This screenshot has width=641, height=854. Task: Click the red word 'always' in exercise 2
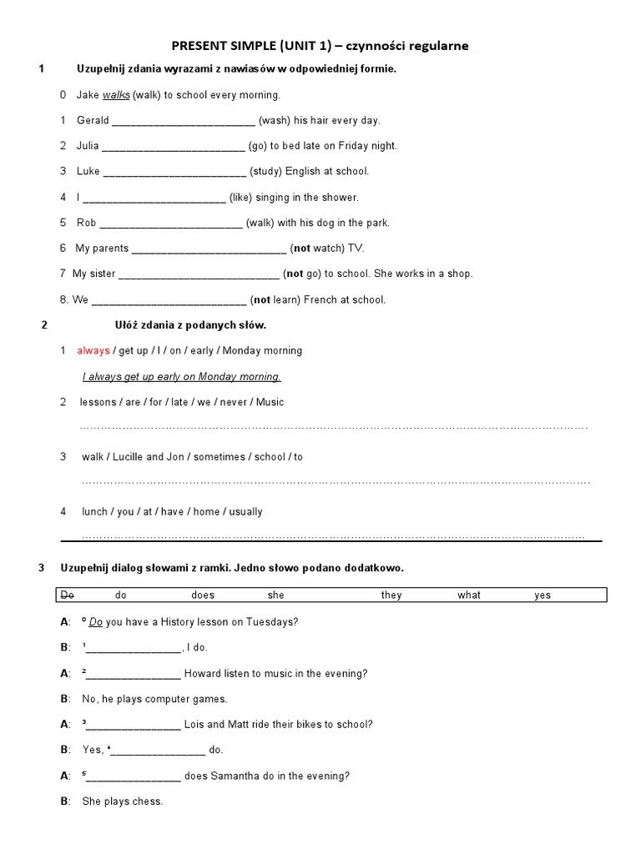point(93,350)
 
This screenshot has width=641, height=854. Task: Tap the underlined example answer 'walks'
point(116,95)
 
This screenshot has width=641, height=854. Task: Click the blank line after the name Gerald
point(183,121)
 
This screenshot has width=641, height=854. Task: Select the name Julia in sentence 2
point(88,146)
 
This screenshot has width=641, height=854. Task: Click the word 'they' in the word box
point(391,595)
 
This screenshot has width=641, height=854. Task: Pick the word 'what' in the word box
point(469,595)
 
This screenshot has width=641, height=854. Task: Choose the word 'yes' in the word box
point(543,595)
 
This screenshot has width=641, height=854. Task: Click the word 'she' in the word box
point(276,595)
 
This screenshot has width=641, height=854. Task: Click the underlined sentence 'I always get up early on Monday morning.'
point(181,376)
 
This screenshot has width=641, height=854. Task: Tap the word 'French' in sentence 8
point(320,299)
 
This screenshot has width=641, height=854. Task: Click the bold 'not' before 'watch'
point(301,248)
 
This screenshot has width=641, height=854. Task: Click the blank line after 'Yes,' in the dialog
point(159,751)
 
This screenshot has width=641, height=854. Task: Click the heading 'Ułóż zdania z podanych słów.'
point(190,324)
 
